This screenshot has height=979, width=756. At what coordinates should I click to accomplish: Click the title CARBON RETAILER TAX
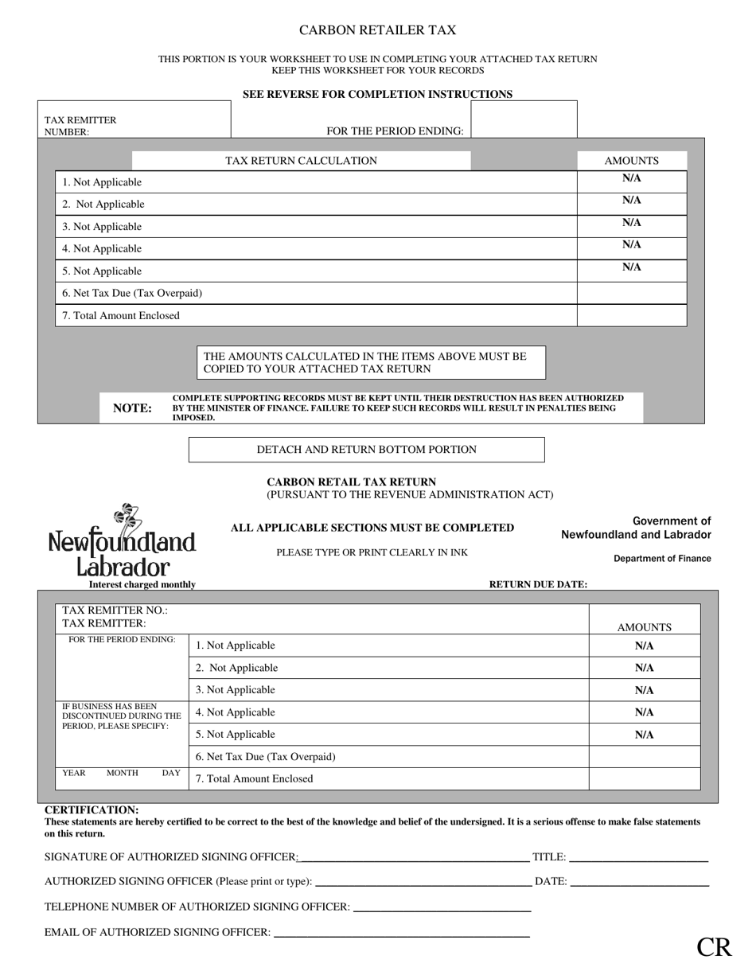[x=377, y=30]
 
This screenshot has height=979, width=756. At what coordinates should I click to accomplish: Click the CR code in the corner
[x=714, y=946]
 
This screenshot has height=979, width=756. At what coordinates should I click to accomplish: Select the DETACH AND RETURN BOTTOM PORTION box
[x=366, y=450]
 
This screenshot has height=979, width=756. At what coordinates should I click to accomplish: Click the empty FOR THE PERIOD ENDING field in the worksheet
[x=524, y=120]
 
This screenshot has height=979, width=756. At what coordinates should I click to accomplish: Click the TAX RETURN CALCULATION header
[x=301, y=161]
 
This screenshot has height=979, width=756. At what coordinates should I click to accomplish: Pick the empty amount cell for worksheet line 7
[x=631, y=315]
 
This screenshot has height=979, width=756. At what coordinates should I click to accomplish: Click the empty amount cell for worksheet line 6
[x=631, y=293]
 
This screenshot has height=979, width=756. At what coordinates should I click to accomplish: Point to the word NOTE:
[x=132, y=408]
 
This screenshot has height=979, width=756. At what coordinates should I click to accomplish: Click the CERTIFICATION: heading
[x=92, y=809]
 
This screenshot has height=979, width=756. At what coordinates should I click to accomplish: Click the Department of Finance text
[x=662, y=559]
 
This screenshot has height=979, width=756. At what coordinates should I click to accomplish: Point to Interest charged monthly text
[x=142, y=584]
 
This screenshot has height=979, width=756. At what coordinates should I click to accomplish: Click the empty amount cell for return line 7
[x=644, y=778]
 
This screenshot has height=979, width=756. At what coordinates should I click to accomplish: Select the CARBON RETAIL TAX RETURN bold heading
[x=351, y=482]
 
